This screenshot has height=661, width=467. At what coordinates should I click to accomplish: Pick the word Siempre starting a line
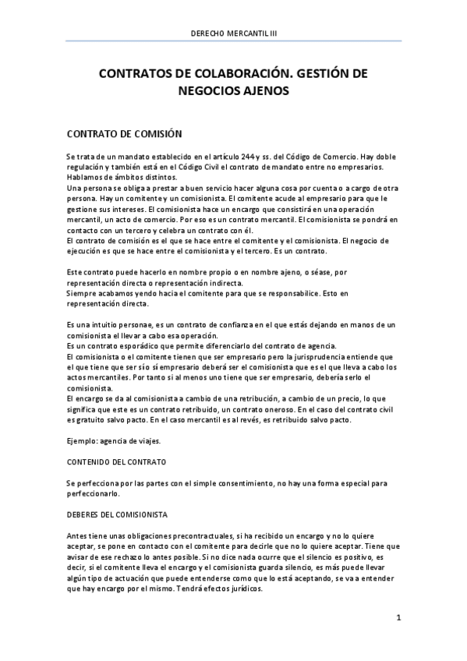82,283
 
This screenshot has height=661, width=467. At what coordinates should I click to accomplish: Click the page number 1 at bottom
398,618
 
